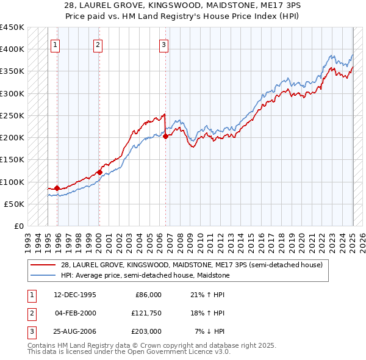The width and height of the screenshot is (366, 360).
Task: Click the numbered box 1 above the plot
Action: coord(56,44)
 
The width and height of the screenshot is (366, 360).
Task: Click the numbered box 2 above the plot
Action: coord(98,44)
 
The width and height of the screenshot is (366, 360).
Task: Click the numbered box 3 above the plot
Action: coord(164,44)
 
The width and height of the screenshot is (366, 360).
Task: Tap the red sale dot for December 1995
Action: coord(57,188)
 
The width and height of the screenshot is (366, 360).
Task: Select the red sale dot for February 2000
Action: coord(99,172)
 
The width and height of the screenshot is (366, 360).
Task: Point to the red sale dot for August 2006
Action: coord(165,137)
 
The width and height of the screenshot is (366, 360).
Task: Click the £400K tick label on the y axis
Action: coord(12,49)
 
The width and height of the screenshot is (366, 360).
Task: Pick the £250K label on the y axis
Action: coord(12,115)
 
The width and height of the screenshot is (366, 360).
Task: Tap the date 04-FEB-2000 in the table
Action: coord(75,313)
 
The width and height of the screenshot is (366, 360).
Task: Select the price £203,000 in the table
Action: coord(146,331)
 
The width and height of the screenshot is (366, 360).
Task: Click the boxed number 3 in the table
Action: coord(30,331)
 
